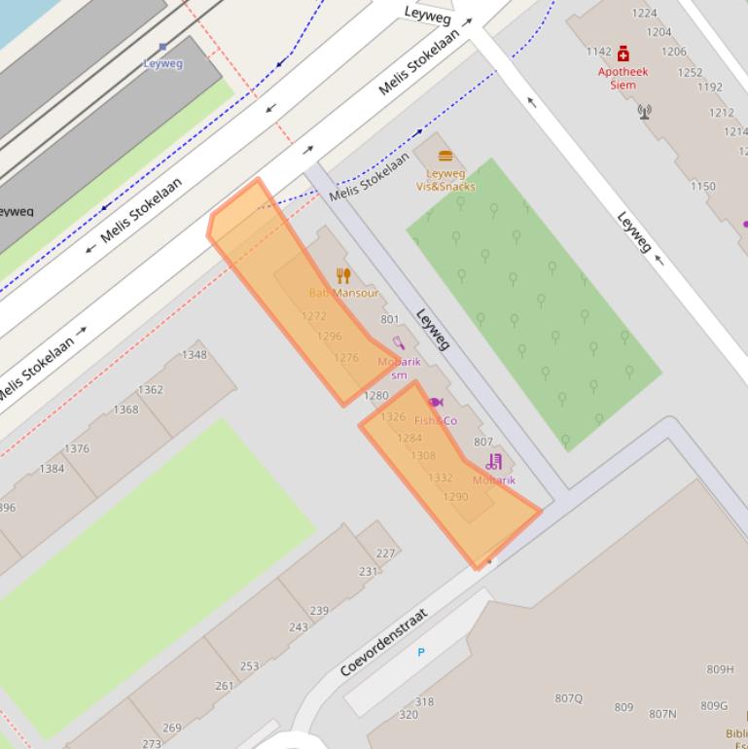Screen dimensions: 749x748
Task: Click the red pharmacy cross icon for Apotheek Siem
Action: point(623,54)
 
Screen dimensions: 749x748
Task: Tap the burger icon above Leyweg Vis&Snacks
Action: point(445,156)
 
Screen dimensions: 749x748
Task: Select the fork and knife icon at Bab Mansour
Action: point(342,275)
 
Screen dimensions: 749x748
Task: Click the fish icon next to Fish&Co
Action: point(435,402)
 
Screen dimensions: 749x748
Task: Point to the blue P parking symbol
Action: point(421,652)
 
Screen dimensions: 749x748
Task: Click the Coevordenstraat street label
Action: point(384,643)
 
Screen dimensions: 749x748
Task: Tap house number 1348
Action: point(195,354)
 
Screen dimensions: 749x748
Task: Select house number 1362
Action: point(150,390)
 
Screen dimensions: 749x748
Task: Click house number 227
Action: point(386,553)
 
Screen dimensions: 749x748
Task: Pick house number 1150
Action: point(702,186)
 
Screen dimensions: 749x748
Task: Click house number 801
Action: point(390,319)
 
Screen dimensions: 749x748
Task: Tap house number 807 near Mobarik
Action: point(483,443)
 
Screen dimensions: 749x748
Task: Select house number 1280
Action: point(375,396)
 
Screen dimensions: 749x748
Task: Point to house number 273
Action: point(152,743)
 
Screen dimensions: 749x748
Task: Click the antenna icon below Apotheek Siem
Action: point(644,111)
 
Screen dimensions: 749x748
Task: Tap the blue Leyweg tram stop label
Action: point(162,63)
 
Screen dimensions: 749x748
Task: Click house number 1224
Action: point(644,13)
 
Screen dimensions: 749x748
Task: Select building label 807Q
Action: point(569,697)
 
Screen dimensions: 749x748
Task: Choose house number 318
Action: point(424,701)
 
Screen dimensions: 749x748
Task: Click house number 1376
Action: point(77,448)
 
